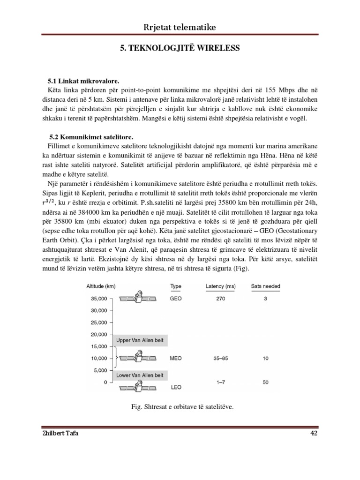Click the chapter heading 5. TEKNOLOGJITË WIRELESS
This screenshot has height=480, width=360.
[x=180, y=48]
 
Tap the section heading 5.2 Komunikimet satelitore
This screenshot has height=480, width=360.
[x=90, y=137]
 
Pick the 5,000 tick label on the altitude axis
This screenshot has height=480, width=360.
[x=100, y=370]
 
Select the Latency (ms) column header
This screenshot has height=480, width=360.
[x=220, y=286]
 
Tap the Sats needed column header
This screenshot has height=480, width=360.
[x=266, y=286]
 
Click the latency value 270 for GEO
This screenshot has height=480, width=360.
[x=220, y=298]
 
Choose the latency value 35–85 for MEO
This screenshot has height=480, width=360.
[x=220, y=359]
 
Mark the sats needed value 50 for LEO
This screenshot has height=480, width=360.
[x=266, y=382]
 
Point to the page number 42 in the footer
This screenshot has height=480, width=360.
[x=314, y=433]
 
